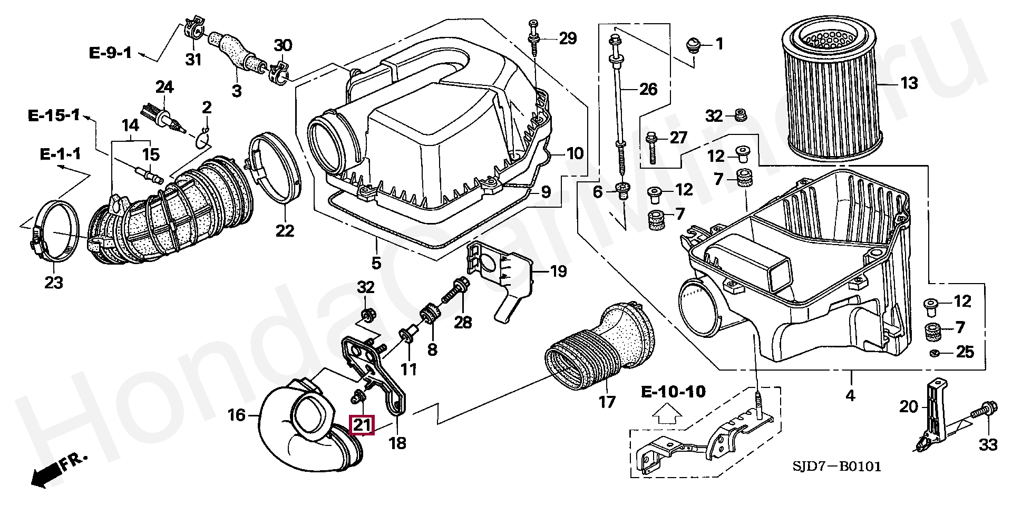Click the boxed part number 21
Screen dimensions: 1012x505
click(362, 425)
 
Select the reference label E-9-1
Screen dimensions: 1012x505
click(110, 53)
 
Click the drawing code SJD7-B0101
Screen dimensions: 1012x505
click(836, 467)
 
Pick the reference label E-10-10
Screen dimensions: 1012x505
click(673, 392)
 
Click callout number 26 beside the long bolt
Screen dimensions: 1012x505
click(648, 89)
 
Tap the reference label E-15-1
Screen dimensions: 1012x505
click(54, 115)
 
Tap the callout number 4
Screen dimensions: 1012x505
click(850, 395)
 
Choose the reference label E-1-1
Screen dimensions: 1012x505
click(61, 154)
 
